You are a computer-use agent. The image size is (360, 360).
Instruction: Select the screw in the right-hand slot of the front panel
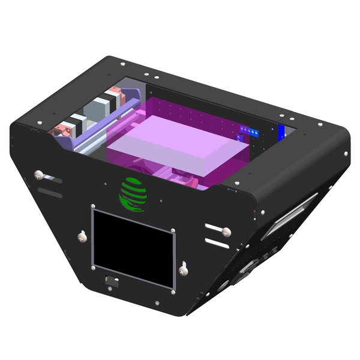(x=226, y=230)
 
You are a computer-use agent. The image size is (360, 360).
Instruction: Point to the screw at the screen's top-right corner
(x=172, y=231)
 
